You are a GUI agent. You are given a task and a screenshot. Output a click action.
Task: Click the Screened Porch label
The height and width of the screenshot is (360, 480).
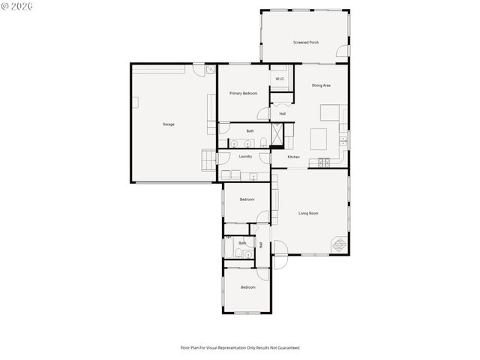305,43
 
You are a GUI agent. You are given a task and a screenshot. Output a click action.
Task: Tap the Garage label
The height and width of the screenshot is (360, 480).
169,124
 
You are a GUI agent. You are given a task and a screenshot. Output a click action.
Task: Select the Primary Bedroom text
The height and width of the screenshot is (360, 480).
243,93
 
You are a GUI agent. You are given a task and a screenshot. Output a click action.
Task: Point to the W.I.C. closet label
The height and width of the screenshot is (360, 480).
279,79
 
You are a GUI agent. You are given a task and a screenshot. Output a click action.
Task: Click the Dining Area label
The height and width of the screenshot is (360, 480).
321,85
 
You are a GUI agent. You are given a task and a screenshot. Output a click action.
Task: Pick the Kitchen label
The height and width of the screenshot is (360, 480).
293,157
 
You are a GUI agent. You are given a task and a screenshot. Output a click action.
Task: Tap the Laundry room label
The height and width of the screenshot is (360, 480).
245,156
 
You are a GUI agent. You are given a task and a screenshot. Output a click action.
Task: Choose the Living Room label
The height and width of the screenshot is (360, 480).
308,213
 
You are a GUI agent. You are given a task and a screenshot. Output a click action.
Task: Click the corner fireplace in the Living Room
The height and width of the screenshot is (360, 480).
340,244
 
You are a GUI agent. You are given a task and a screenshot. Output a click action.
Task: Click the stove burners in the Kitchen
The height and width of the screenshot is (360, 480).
325,162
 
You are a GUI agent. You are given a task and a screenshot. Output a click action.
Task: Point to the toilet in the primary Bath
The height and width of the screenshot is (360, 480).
264,143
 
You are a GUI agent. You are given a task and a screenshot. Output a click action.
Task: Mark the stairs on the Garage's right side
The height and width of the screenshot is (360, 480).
208,159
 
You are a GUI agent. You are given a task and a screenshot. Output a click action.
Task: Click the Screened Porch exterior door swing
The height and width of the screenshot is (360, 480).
343,52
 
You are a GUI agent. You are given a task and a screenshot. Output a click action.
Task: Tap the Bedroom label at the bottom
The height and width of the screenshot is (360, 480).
247,287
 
